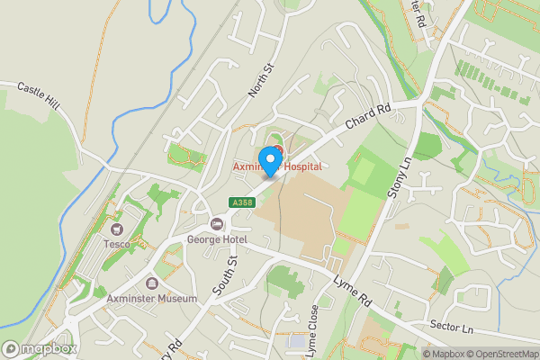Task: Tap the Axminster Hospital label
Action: (x=277, y=167)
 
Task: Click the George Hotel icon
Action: (x=217, y=224)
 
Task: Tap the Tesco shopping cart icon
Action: (x=115, y=229)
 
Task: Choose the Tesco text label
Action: (x=115, y=245)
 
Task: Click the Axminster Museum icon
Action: (x=139, y=283)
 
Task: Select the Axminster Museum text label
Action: (x=139, y=299)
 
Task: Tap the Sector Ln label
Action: (x=451, y=325)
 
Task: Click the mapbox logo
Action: (x=40, y=348)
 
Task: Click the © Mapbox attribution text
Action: (x=442, y=353)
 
